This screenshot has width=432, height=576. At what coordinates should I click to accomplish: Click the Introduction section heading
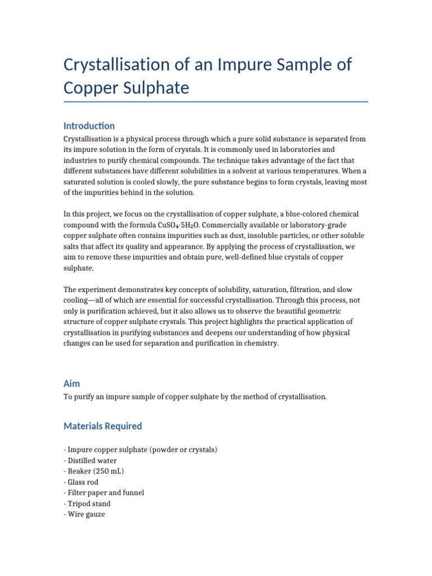89,126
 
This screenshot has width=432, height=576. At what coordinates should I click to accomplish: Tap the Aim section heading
71,384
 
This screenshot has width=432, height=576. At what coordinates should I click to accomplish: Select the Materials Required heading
102,426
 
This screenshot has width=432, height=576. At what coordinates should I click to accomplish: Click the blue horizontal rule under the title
216,102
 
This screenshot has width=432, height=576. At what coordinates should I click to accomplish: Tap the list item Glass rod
82,482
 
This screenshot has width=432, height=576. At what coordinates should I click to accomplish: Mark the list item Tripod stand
87,503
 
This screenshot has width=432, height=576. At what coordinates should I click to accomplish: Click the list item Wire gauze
84,514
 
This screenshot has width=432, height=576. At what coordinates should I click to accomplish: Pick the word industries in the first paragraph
81,160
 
